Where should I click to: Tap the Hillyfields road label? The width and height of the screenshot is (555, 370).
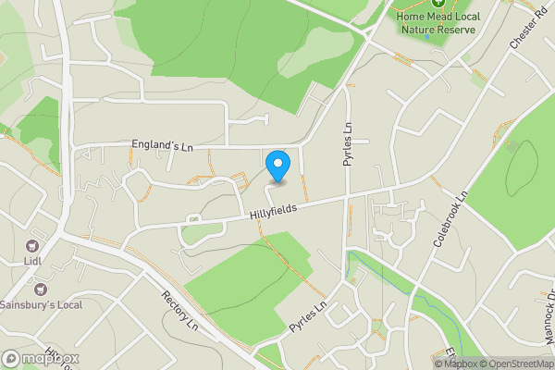[x=273, y=212]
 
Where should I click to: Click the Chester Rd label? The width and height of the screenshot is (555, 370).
[x=524, y=33]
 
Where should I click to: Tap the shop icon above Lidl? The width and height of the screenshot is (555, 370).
[x=33, y=247]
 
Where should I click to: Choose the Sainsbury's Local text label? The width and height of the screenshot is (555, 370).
[x=41, y=304]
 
